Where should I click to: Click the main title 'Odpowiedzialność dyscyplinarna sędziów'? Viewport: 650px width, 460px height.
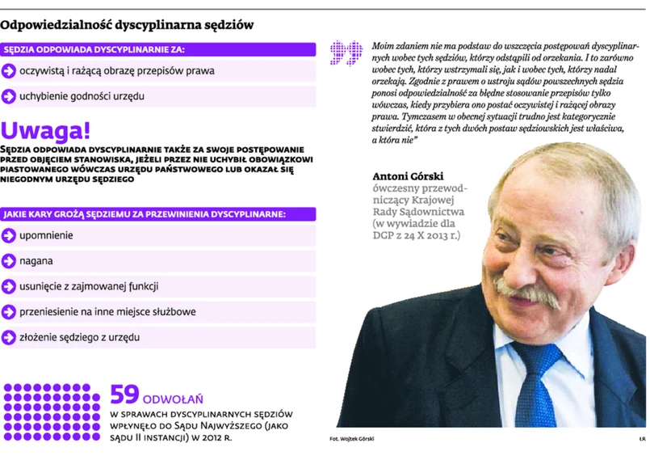127,25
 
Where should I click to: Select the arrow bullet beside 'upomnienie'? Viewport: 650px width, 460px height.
9,235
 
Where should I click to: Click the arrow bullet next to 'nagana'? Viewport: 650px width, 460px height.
9,261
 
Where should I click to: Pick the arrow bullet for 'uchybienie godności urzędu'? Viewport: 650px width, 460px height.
9,96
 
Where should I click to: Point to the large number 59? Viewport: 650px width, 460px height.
124,395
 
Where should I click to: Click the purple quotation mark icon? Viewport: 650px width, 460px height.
346,53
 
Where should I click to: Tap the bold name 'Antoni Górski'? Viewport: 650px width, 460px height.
408,176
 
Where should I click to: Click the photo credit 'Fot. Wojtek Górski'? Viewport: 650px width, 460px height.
352,439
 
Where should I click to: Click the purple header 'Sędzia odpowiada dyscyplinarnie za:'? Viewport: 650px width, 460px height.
94,49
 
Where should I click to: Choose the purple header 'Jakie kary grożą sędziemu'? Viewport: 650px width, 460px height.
145,214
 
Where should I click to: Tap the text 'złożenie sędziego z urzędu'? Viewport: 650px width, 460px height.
79,337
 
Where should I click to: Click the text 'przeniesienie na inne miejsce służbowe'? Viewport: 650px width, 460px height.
107,312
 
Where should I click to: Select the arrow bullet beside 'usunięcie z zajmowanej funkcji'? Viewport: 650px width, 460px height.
9,286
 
